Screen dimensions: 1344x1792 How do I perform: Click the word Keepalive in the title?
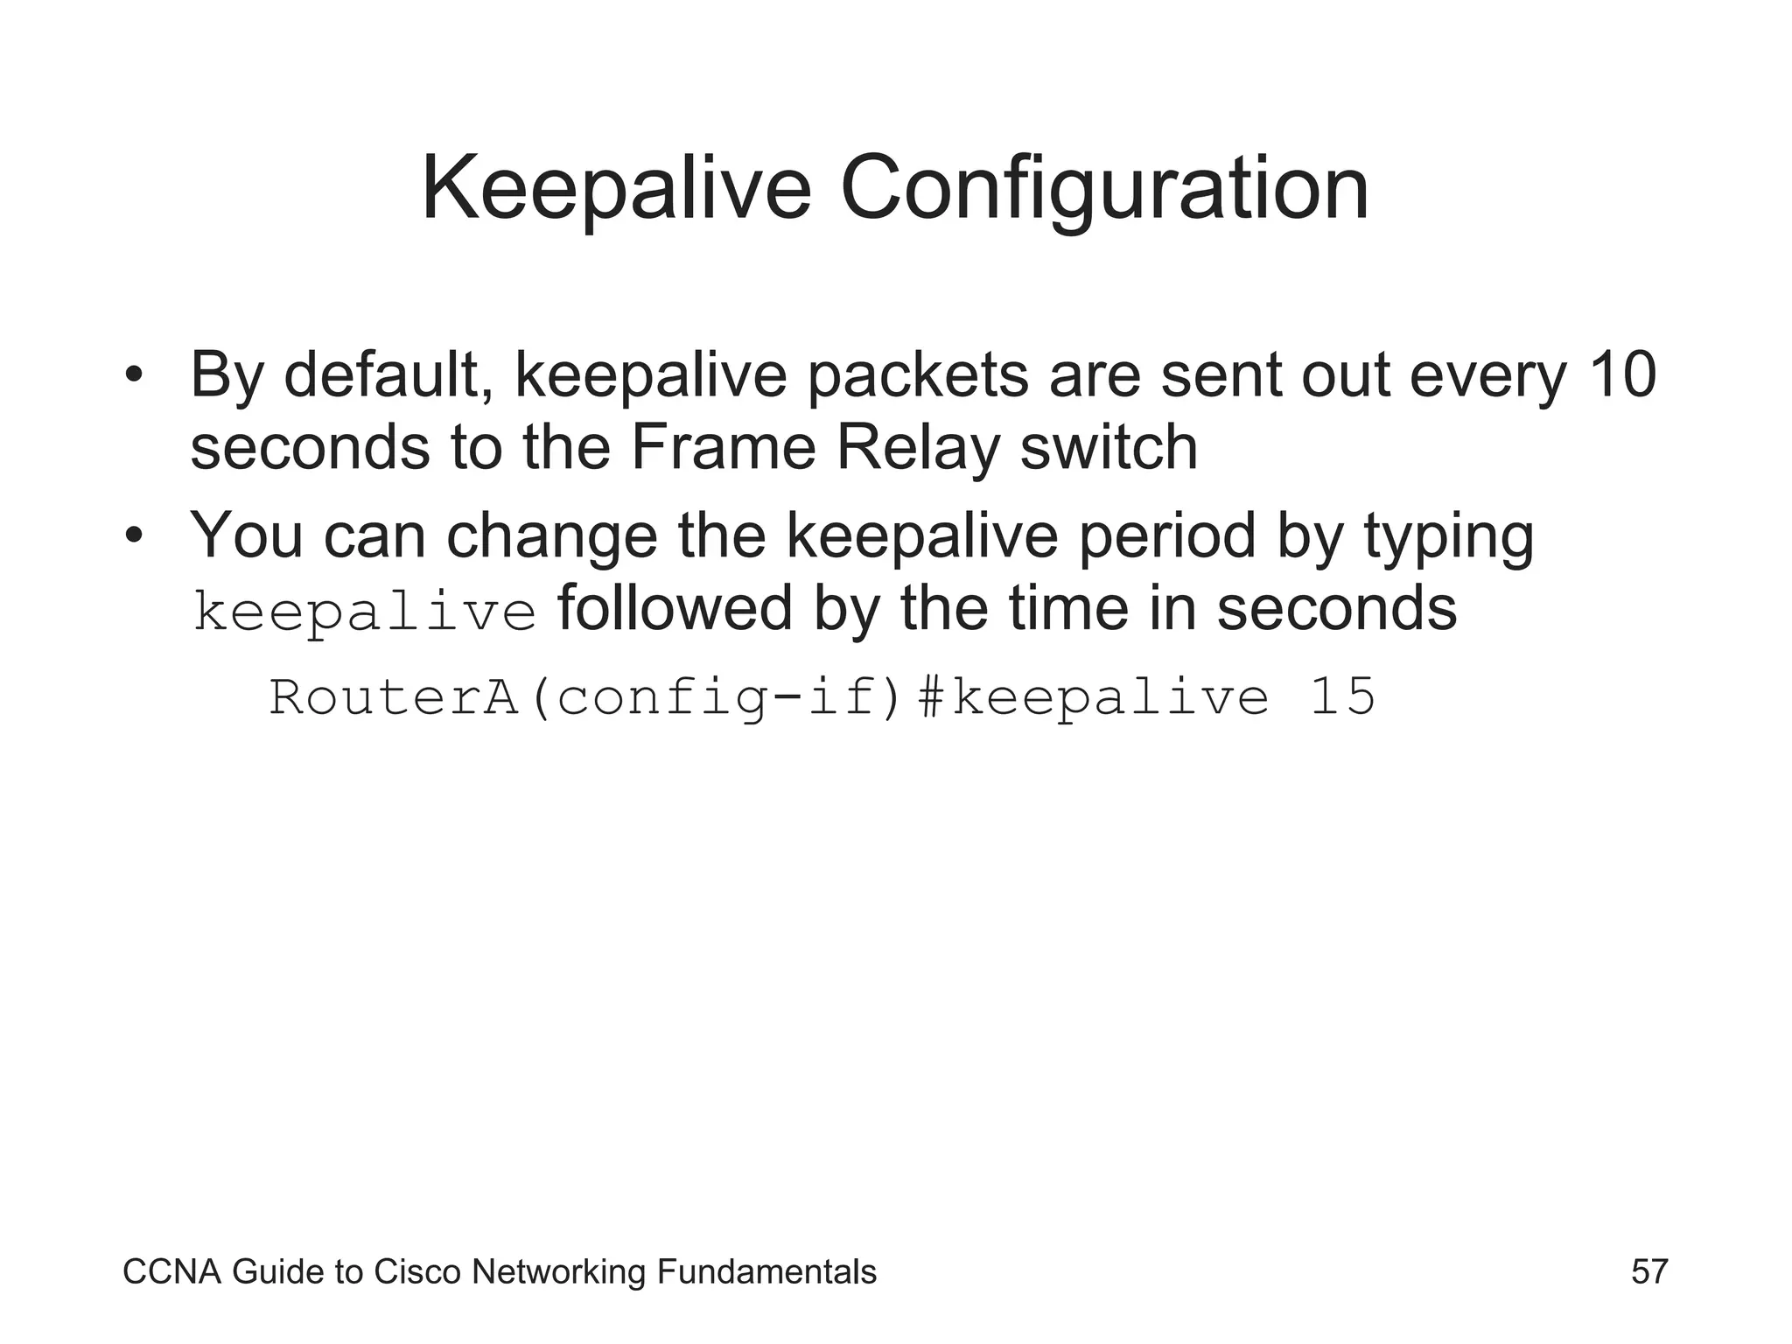point(616,189)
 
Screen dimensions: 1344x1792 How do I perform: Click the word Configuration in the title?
point(1104,189)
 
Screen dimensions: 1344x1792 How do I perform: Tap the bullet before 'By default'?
point(133,375)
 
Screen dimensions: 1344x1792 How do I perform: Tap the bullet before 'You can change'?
point(133,535)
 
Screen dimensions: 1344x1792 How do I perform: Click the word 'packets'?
point(918,375)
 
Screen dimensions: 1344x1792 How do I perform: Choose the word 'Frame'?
point(723,448)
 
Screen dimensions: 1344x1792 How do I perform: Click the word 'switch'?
point(1109,448)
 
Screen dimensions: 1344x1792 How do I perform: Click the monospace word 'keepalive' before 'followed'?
point(364,611)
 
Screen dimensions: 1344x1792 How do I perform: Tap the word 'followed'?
point(675,608)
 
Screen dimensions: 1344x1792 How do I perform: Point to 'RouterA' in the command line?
point(394,698)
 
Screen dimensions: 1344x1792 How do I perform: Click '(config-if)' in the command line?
point(715,698)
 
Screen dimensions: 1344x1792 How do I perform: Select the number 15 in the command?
point(1341,698)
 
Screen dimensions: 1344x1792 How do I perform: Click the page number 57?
point(1649,1271)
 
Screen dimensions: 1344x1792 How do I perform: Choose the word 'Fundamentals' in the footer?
point(766,1271)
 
